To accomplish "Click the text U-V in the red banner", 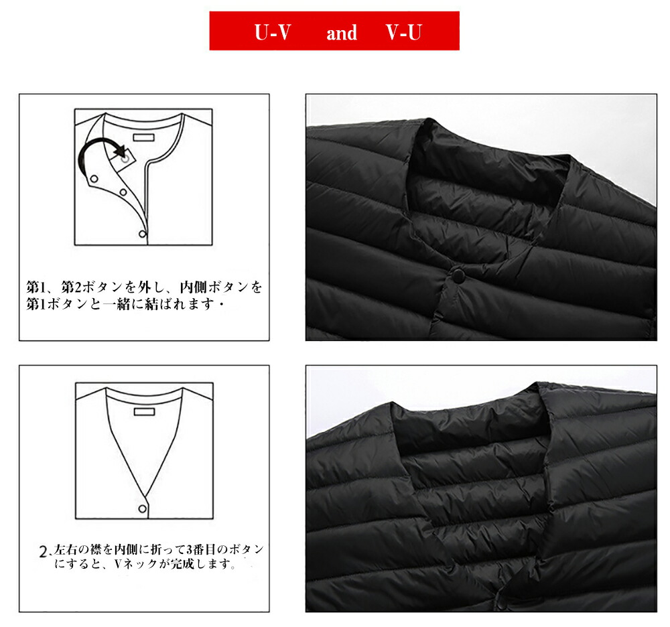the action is pos(273,32).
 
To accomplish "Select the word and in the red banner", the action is pos(342,33).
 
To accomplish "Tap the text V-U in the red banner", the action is pos(403,32).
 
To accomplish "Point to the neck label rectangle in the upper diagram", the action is pos(143,137).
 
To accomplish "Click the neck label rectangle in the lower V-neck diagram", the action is pos(144,411).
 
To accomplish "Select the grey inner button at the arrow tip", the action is pos(125,159).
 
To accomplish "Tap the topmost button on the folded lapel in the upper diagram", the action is pos(94,179).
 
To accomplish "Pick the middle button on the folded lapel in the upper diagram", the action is pos(123,192).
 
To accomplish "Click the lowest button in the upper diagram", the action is pos(142,234).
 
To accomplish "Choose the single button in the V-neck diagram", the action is pos(142,508).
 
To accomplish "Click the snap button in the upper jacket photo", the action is pos(459,273).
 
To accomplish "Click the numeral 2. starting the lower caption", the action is pos(44,551).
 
